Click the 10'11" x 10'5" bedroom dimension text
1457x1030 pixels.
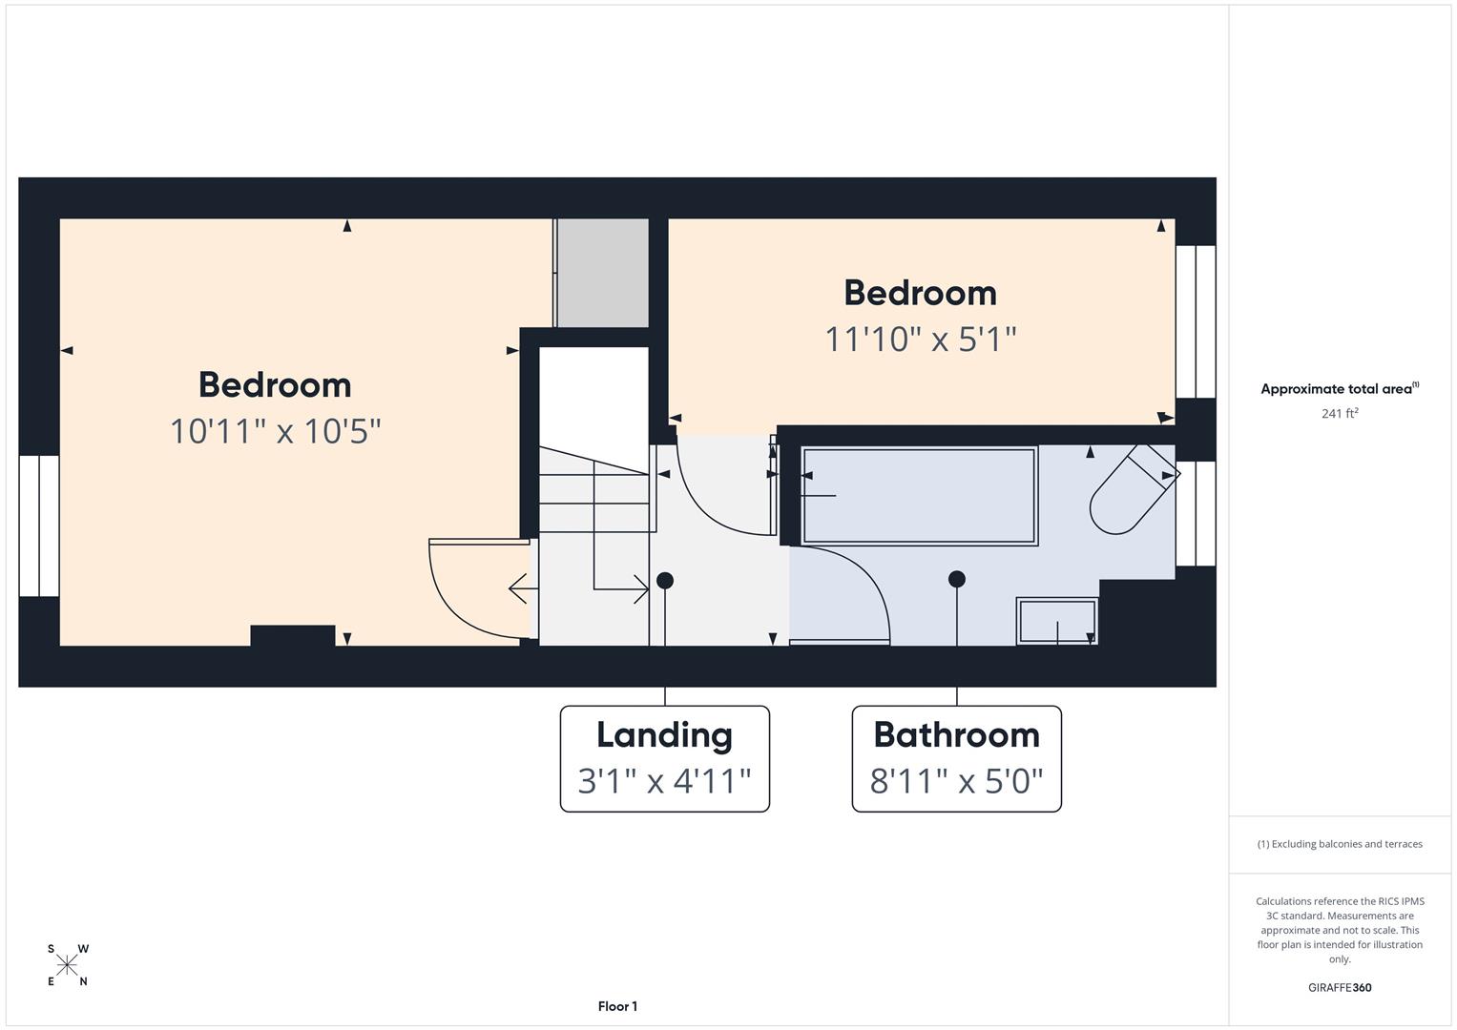pos(275,431)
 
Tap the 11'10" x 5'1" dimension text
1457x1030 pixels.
pos(921,340)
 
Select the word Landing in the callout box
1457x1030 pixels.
pos(664,736)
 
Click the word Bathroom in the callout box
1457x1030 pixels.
pos(956,734)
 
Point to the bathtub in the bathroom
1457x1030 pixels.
pos(919,496)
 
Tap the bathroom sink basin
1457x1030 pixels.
pos(1057,622)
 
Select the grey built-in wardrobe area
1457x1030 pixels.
pos(603,273)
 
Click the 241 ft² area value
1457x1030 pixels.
pos(1340,414)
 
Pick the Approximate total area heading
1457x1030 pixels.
pos(1340,389)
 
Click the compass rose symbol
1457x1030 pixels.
pos(67,965)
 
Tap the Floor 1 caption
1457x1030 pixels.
pos(617,1006)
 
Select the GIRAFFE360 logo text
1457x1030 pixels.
pos(1340,987)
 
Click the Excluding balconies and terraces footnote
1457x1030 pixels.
pos(1340,844)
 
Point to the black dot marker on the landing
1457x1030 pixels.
pos(665,581)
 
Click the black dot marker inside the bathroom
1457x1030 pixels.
pos(957,579)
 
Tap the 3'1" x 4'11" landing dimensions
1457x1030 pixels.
pos(664,781)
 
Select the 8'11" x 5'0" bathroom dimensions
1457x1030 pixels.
pos(956,781)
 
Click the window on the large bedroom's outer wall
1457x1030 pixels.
pos(39,526)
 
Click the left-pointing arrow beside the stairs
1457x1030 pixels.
pos(523,589)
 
